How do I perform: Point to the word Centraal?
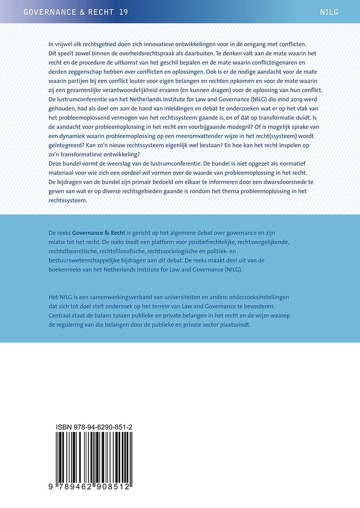(x=62, y=316)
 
